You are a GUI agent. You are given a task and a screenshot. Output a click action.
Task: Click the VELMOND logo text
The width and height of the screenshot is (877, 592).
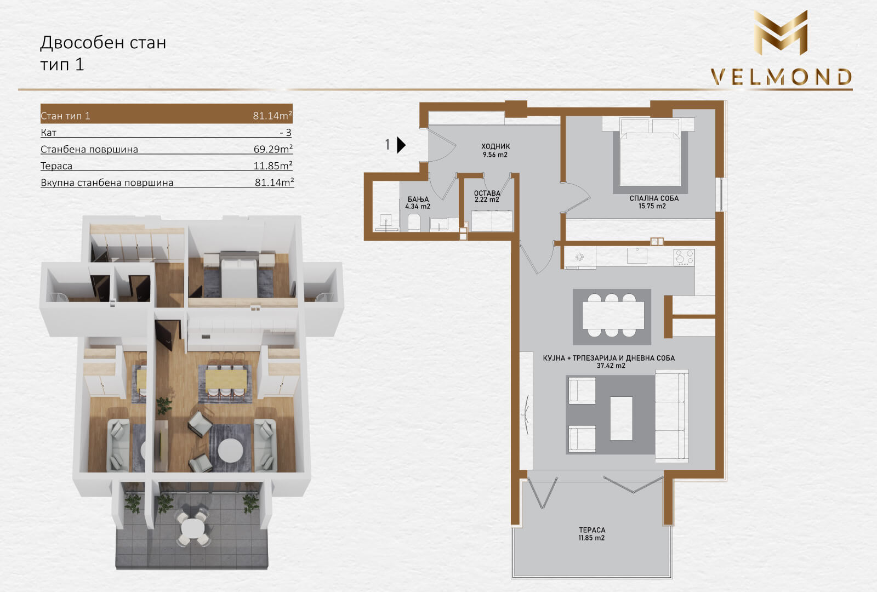pyautogui.click(x=781, y=77)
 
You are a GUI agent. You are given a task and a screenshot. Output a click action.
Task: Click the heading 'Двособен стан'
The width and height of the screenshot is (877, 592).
pyautogui.click(x=104, y=42)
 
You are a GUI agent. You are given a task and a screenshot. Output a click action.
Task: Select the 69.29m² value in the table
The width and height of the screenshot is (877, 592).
pyautogui.click(x=273, y=149)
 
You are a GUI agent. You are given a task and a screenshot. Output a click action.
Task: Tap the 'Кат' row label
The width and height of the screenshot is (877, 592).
pyautogui.click(x=49, y=132)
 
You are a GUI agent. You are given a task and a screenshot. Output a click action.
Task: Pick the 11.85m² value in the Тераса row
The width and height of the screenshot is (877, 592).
pyautogui.click(x=273, y=166)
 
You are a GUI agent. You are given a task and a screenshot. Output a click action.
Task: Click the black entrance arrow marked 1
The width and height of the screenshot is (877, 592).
pyautogui.click(x=401, y=145)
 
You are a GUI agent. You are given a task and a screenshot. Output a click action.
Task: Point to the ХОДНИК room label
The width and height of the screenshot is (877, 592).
pyautogui.click(x=496, y=146)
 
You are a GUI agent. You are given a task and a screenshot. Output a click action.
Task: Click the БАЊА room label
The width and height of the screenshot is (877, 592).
pyautogui.click(x=418, y=200)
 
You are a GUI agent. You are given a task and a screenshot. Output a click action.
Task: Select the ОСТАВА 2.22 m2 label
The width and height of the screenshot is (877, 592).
pyautogui.click(x=487, y=196)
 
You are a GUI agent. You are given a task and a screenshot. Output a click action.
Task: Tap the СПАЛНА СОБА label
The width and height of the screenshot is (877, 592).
pyautogui.click(x=654, y=198)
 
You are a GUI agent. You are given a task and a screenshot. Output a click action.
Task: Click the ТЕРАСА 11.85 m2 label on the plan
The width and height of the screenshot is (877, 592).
pyautogui.click(x=592, y=534)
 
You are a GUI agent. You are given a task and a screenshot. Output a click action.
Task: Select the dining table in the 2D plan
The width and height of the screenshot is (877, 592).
pyautogui.click(x=613, y=315)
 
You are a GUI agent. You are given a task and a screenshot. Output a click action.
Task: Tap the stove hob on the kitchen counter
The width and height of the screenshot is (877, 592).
pyautogui.click(x=684, y=258)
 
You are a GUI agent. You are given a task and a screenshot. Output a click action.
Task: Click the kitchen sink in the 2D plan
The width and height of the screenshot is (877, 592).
pyautogui.click(x=637, y=255)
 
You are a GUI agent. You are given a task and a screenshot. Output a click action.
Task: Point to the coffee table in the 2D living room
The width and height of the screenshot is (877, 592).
pyautogui.click(x=622, y=418)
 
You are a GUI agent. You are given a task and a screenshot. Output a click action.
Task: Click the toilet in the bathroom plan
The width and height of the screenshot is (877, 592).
pyautogui.click(x=414, y=223)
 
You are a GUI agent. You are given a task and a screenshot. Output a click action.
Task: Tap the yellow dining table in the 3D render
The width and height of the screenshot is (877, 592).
pyautogui.click(x=226, y=379)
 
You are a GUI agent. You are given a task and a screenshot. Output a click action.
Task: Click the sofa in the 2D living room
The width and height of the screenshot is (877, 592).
pyautogui.click(x=672, y=416)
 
